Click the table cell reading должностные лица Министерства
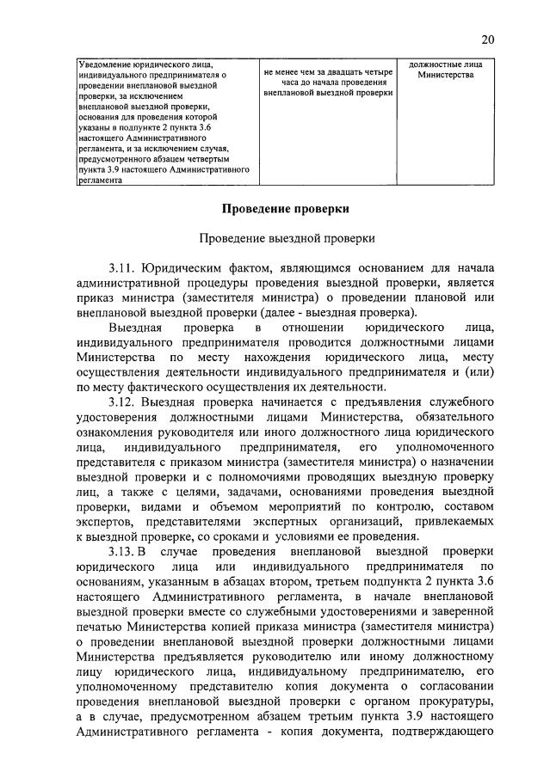(x=445, y=70)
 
